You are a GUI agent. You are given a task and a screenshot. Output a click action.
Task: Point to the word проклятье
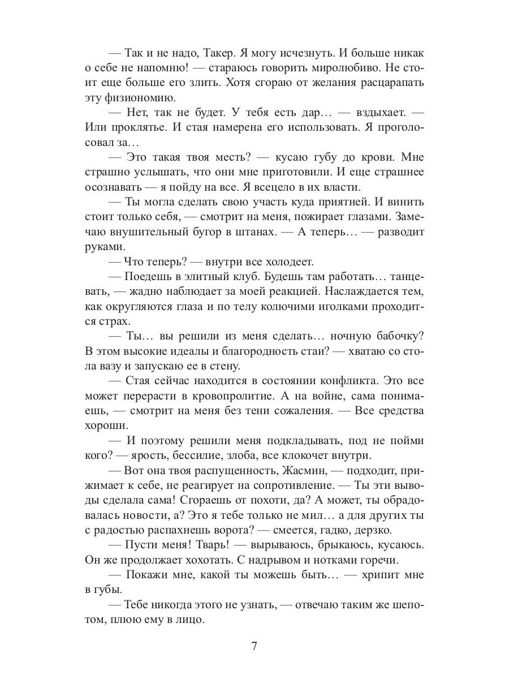click(134, 127)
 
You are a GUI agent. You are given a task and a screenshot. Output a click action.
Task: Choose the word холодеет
click(283, 262)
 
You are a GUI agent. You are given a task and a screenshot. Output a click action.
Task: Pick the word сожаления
click(294, 410)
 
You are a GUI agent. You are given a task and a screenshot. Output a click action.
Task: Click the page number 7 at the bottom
click(255, 646)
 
